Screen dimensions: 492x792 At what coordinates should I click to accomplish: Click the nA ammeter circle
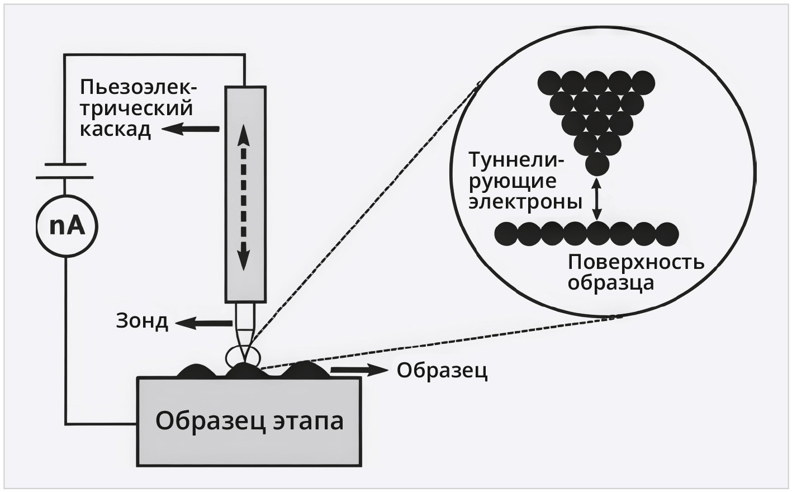pos(66,225)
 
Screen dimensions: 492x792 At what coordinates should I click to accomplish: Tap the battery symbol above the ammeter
pos(64,171)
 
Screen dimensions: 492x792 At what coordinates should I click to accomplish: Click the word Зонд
pos(142,321)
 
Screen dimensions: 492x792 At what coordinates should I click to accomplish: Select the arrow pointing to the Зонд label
pos(203,323)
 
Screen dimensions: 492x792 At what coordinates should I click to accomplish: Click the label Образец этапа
pos(249,420)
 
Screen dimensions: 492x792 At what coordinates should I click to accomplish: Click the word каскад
pos(115,129)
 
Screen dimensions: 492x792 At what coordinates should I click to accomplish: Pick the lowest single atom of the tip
pos(597,164)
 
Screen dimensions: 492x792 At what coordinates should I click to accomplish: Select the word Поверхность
pos(636,262)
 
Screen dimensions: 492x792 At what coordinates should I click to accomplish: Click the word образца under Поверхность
pos(610,283)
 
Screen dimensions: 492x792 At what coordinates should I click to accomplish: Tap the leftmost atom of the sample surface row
pos(506,234)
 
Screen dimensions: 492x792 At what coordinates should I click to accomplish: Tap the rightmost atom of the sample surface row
pos(667,234)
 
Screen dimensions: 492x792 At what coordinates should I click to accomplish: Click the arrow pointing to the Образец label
pos(358,370)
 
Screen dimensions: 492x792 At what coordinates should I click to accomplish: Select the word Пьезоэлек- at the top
pos(139,87)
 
